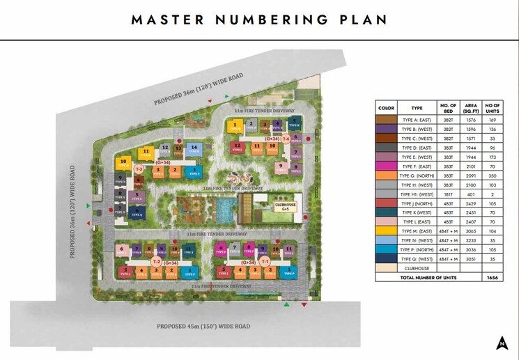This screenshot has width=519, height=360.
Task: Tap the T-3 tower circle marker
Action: [x=139, y=169]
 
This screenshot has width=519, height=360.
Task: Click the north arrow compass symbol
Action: [x=502, y=342]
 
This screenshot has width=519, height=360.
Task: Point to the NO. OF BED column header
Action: [x=449, y=107]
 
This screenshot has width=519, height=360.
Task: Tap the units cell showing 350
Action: [x=492, y=175]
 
